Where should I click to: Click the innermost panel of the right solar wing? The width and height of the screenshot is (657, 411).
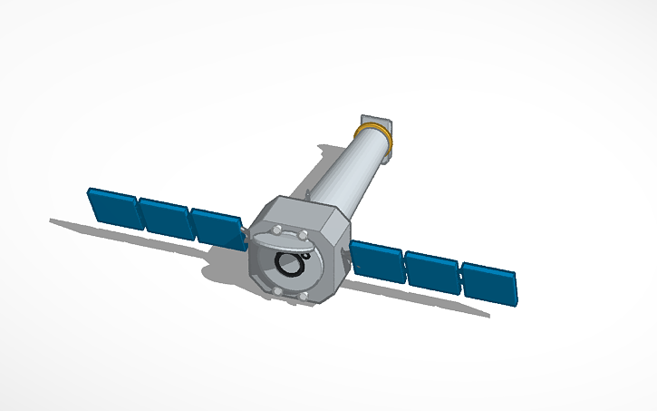click(x=377, y=260)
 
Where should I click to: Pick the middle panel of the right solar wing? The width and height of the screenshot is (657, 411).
click(x=431, y=271)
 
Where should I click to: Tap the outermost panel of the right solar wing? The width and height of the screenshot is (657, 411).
click(x=488, y=284)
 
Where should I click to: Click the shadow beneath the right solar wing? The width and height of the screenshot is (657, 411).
click(x=426, y=299)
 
